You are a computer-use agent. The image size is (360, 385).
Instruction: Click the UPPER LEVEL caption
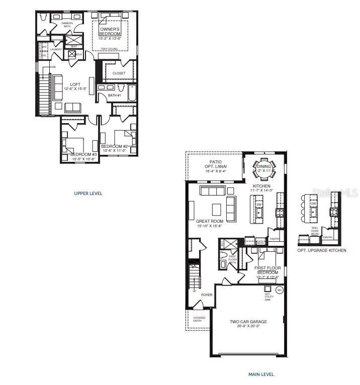coord(88,193)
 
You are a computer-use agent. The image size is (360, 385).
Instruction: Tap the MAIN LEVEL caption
coord(261,374)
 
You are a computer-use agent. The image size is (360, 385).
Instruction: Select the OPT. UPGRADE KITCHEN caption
coord(322,250)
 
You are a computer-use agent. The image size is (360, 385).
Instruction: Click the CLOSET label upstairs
coord(119,73)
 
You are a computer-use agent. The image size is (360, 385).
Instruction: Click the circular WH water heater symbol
coord(280,290)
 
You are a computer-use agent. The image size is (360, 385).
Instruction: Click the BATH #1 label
coord(115,95)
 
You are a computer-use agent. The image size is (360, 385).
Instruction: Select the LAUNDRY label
coord(56,49)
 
